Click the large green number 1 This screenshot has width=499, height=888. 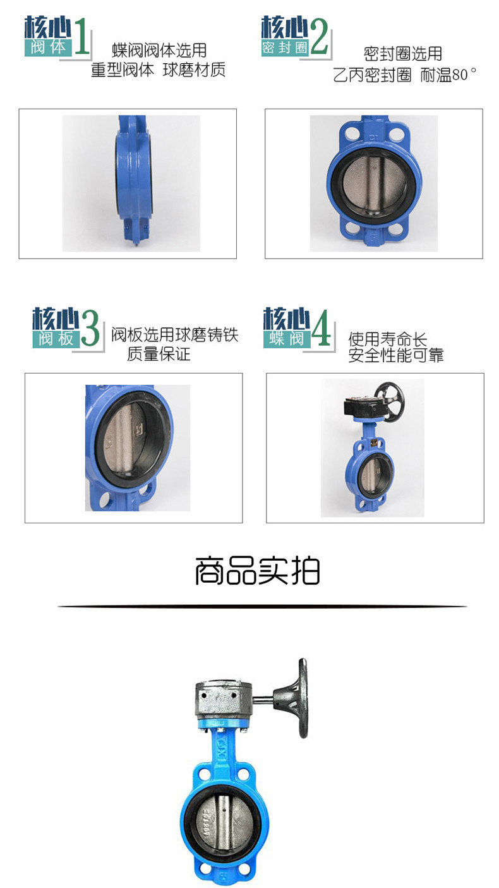click(81, 37)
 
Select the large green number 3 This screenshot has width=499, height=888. click(90, 328)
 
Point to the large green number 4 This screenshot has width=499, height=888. click(321, 327)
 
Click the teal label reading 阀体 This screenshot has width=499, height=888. click(48, 47)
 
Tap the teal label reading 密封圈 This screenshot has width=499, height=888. click(285, 47)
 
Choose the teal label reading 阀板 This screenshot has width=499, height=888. click(56, 339)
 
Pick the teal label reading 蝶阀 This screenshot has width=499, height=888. click(287, 339)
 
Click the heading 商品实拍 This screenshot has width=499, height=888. click(258, 571)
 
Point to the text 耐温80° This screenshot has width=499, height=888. click(448, 75)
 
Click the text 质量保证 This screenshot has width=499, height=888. click(159, 353)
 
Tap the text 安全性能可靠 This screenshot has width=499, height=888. click(396, 355)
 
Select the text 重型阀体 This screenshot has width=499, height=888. click(123, 70)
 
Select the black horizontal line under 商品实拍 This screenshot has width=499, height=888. click(262, 606)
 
